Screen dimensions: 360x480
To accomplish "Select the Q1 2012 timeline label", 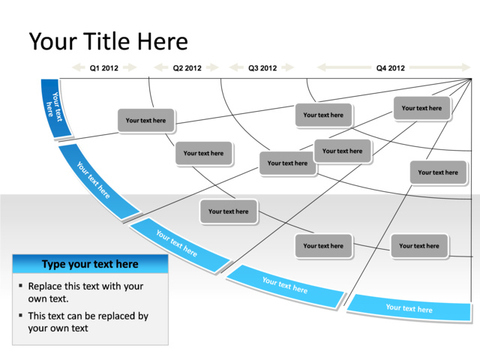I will click(x=104, y=68).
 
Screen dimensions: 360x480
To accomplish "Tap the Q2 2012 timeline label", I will click(x=187, y=68).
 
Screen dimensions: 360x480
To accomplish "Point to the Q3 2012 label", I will click(x=262, y=68).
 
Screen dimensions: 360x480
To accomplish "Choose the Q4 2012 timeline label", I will click(x=391, y=68).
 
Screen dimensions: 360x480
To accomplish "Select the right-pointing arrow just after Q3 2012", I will click(x=288, y=68).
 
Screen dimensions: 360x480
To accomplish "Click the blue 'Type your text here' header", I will click(x=90, y=264).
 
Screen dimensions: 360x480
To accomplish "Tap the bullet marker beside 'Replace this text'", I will click(x=20, y=287).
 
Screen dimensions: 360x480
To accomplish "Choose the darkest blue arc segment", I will click(x=55, y=109).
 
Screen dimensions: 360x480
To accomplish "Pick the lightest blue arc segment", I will click(x=409, y=307).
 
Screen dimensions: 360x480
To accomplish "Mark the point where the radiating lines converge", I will click(x=471, y=78).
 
